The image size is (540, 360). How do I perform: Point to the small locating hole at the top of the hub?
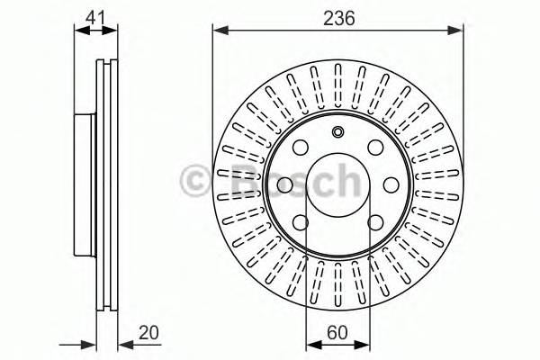pyautogui.click(x=337, y=134)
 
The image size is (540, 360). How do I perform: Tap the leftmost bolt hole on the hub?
pyautogui.click(x=284, y=185)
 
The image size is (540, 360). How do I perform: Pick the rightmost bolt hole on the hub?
pyautogui.click(x=391, y=185)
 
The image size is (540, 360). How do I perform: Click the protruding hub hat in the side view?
pyautogui.click(x=82, y=185)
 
